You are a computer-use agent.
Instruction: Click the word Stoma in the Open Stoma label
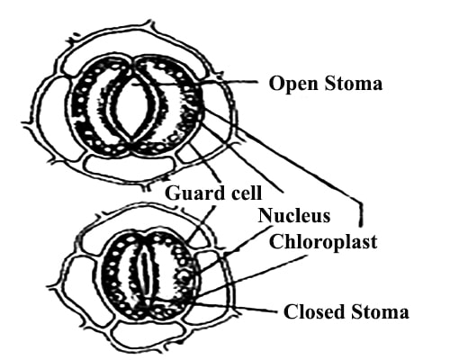click(x=354, y=84)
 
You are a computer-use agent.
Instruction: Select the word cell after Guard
click(x=245, y=193)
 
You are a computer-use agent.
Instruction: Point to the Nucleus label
click(x=294, y=215)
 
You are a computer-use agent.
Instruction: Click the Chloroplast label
click(x=323, y=241)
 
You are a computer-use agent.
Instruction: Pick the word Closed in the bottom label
click(x=314, y=311)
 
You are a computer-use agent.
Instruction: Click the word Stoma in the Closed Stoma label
click(x=380, y=311)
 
